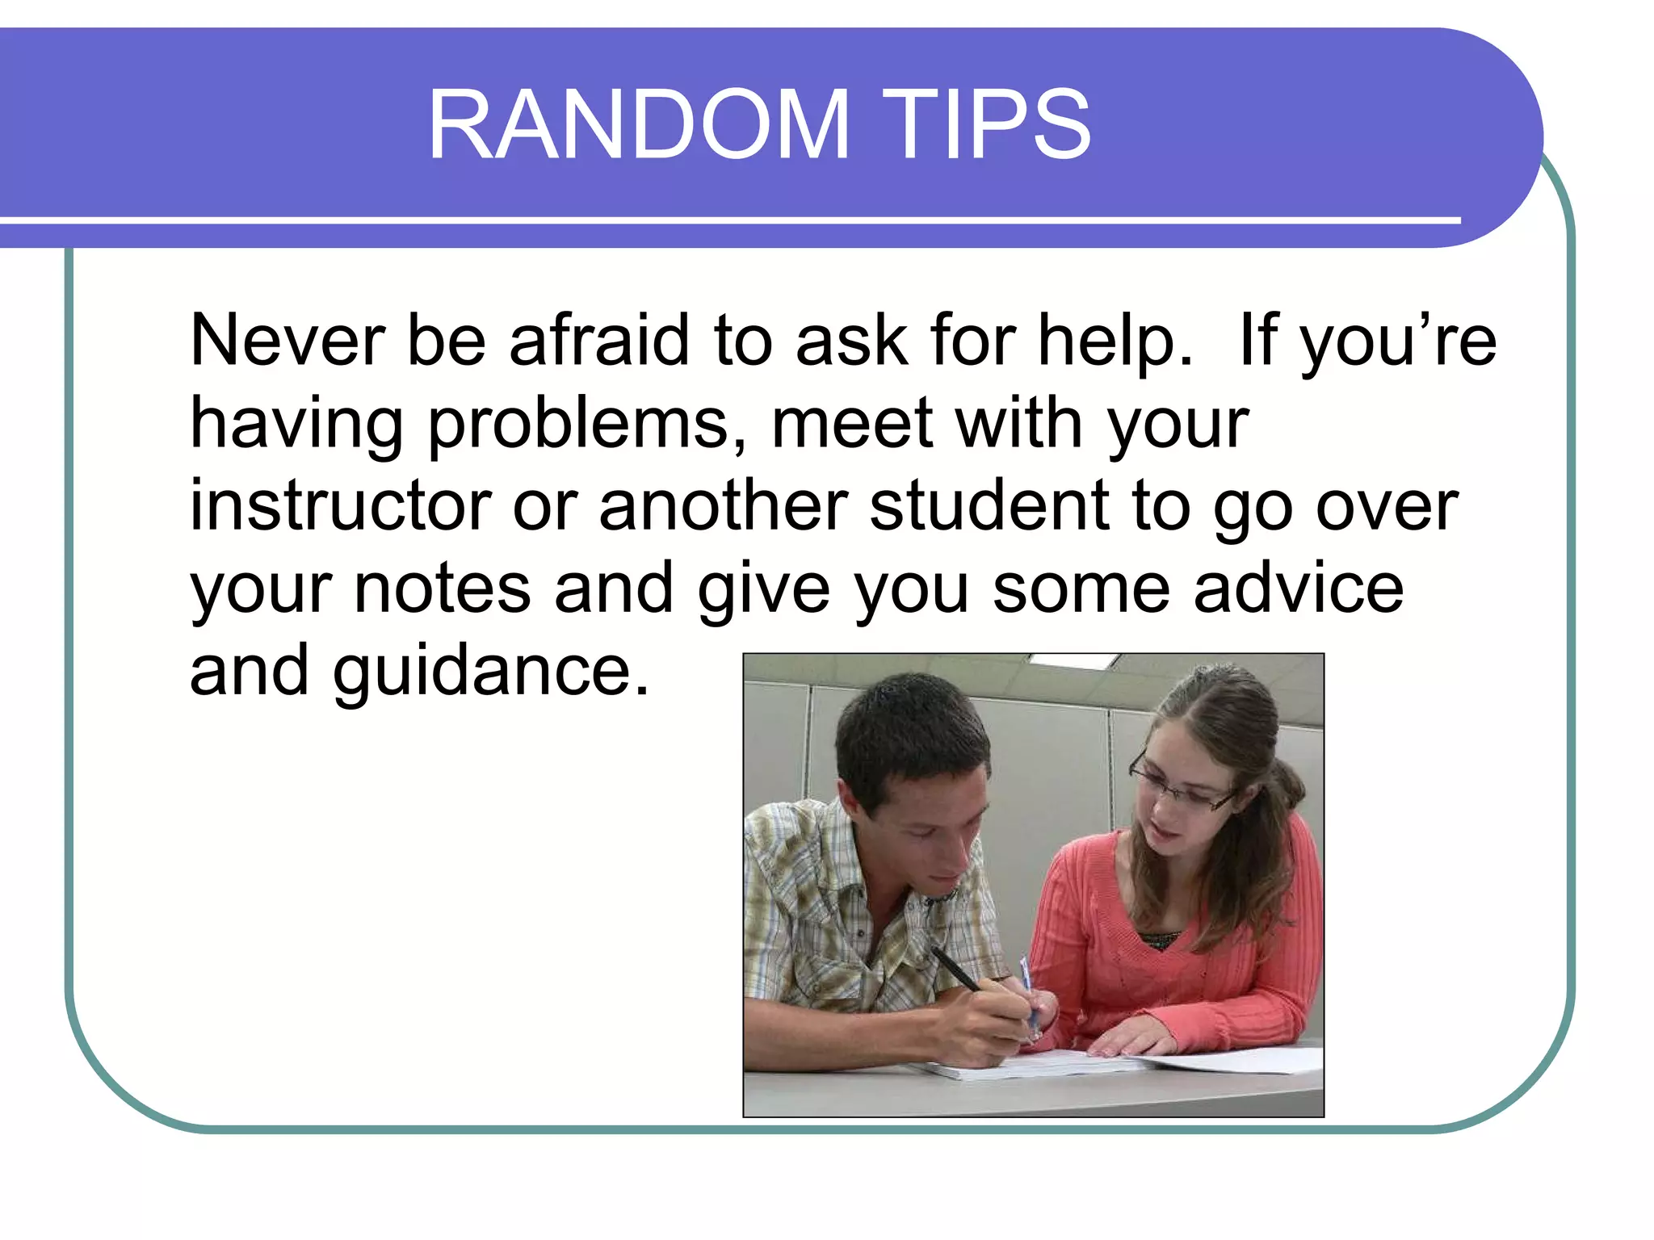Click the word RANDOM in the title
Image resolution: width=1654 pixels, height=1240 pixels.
point(638,125)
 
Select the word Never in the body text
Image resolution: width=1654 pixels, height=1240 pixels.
point(287,341)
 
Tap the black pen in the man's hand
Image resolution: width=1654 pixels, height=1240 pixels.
point(956,970)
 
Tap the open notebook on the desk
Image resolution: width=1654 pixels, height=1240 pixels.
point(1050,1066)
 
